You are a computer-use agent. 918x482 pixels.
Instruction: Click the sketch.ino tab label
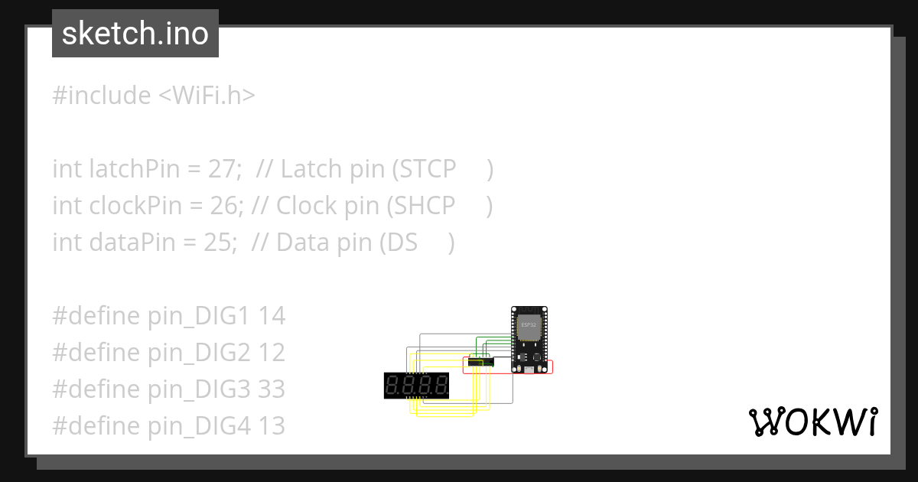135,34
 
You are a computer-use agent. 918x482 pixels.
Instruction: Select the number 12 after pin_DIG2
271,353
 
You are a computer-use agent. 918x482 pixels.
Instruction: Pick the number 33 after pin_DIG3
271,389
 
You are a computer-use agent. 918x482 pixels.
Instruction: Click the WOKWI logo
812,422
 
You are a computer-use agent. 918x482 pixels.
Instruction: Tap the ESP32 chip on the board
528,325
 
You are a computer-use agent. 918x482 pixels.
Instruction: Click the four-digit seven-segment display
417,386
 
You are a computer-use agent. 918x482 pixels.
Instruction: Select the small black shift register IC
481,361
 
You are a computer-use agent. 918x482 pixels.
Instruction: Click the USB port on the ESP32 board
530,370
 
